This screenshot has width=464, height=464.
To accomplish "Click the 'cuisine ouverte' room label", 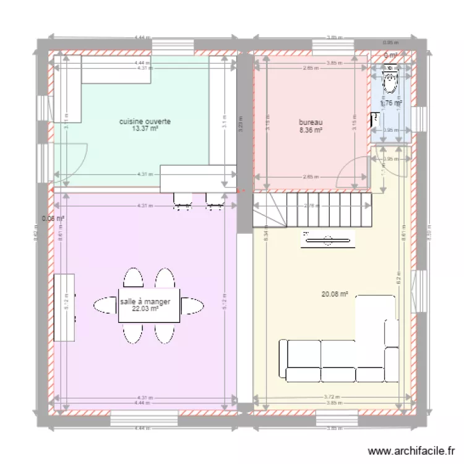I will point(145,122).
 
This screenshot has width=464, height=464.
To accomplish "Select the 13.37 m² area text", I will point(145,129).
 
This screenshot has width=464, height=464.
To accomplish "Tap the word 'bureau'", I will point(310,122).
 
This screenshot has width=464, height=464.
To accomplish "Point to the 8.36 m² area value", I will point(310,131).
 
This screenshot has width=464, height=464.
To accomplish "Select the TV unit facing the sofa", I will point(327,239).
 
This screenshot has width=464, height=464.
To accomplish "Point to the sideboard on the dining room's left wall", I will point(64,307).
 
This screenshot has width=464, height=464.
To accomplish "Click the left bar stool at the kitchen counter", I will point(182,200).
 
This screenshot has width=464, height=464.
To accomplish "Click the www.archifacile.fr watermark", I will point(411,451).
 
